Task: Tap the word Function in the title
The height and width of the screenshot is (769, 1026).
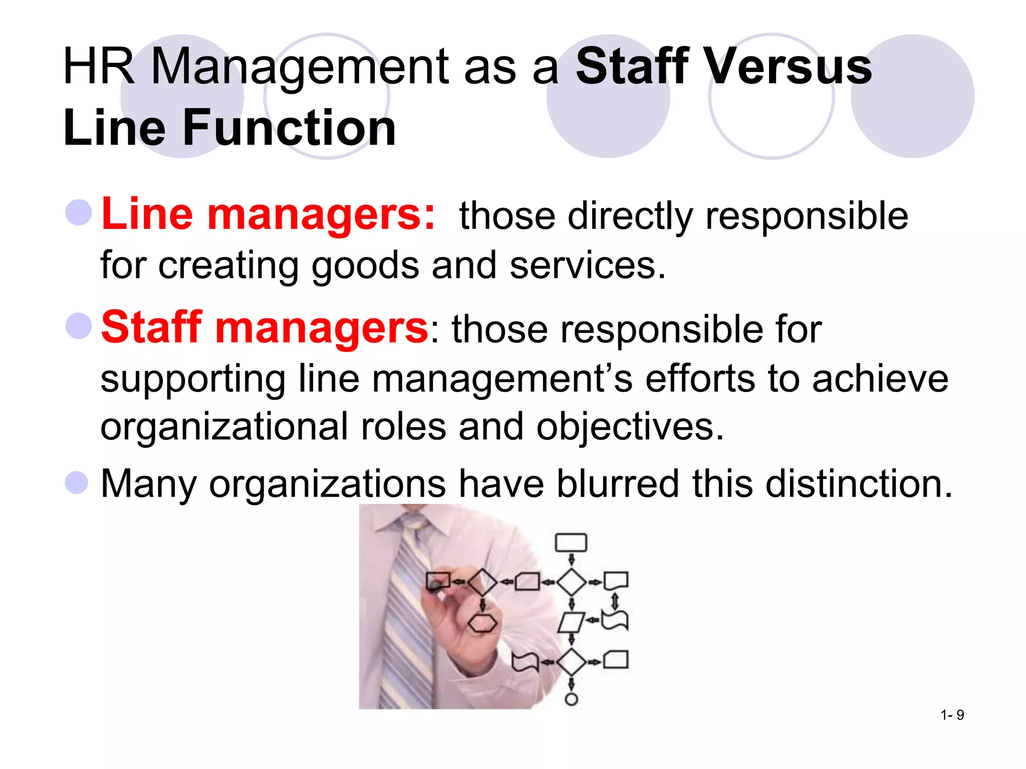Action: tap(289, 128)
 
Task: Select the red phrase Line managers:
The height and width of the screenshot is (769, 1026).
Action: tap(268, 215)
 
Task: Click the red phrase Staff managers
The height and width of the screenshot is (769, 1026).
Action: tap(265, 328)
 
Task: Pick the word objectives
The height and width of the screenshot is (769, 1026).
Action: tap(630, 427)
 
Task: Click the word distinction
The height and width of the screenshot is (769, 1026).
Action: tap(858, 484)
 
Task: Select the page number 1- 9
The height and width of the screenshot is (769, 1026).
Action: tap(952, 715)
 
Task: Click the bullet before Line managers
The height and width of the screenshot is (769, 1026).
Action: tap(79, 212)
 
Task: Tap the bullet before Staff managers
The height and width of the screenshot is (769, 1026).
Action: tap(79, 325)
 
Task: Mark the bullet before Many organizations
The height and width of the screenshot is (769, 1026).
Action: tap(77, 483)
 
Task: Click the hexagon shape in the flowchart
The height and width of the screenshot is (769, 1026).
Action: tap(482, 623)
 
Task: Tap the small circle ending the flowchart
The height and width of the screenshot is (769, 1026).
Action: tap(571, 699)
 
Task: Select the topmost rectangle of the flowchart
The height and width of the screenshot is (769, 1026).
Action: tap(571, 543)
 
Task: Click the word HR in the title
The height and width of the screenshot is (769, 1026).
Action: tap(99, 67)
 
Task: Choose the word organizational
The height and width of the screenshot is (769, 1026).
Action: tap(224, 427)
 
